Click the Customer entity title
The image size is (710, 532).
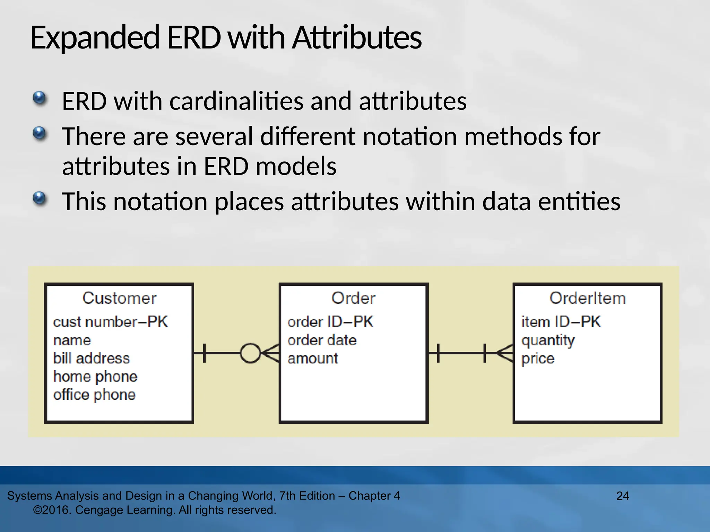(x=119, y=298)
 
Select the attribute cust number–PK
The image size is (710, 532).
(x=110, y=322)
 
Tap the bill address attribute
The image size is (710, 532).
(x=91, y=358)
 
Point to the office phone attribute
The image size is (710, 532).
(x=94, y=394)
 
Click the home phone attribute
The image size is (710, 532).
(x=95, y=376)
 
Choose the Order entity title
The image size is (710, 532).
(x=353, y=298)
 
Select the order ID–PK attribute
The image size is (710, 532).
(x=330, y=322)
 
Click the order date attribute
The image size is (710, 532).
(x=322, y=340)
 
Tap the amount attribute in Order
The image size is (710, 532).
(x=312, y=358)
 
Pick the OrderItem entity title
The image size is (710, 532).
(x=587, y=298)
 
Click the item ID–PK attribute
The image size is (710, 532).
(x=561, y=322)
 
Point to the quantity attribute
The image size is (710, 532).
(x=548, y=340)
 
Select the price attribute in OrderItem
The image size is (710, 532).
(x=538, y=358)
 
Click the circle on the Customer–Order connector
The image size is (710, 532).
(x=250, y=353)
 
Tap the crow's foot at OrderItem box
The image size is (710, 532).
(x=505, y=353)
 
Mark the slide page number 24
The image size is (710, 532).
(x=622, y=496)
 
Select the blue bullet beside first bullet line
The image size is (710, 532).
(x=40, y=98)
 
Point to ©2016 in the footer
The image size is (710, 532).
(x=52, y=510)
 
